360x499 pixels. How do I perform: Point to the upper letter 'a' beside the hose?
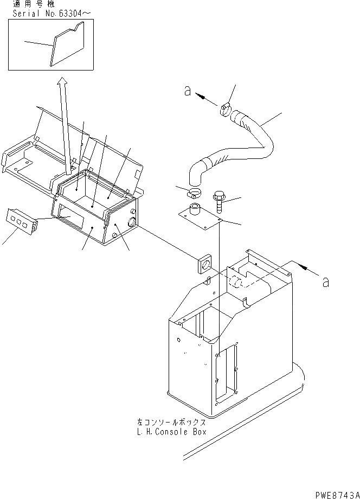click(x=187, y=92)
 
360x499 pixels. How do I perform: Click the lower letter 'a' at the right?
click(x=325, y=282)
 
